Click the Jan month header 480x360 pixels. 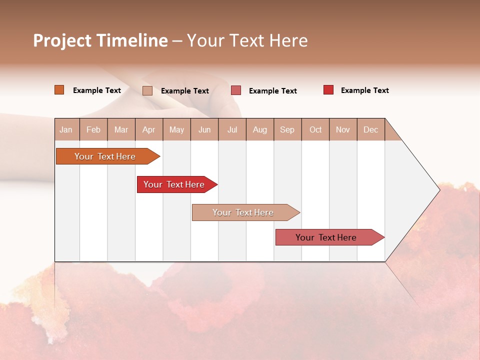coord(66,129)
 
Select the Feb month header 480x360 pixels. coord(93,129)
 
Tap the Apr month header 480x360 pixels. coord(149,129)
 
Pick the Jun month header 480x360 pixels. coord(204,129)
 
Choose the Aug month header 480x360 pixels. coord(260,129)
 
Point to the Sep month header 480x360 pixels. coord(287,129)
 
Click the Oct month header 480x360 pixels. coord(315,129)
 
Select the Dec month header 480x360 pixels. coord(371,129)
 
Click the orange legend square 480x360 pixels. coord(59,90)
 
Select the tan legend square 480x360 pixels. coord(147,90)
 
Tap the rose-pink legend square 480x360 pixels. coord(236,90)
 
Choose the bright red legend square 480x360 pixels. coord(328,90)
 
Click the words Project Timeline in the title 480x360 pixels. coord(100,40)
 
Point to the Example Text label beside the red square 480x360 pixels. coord(364,90)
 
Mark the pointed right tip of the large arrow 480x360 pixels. coord(439,189)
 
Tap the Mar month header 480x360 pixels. coord(121,129)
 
